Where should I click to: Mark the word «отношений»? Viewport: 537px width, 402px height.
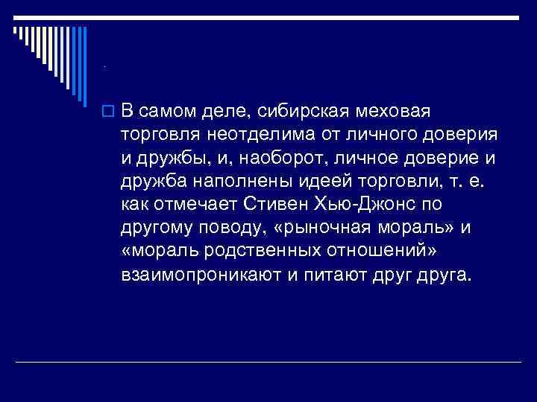337,250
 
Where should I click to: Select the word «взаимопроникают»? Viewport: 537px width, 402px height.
198,274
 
